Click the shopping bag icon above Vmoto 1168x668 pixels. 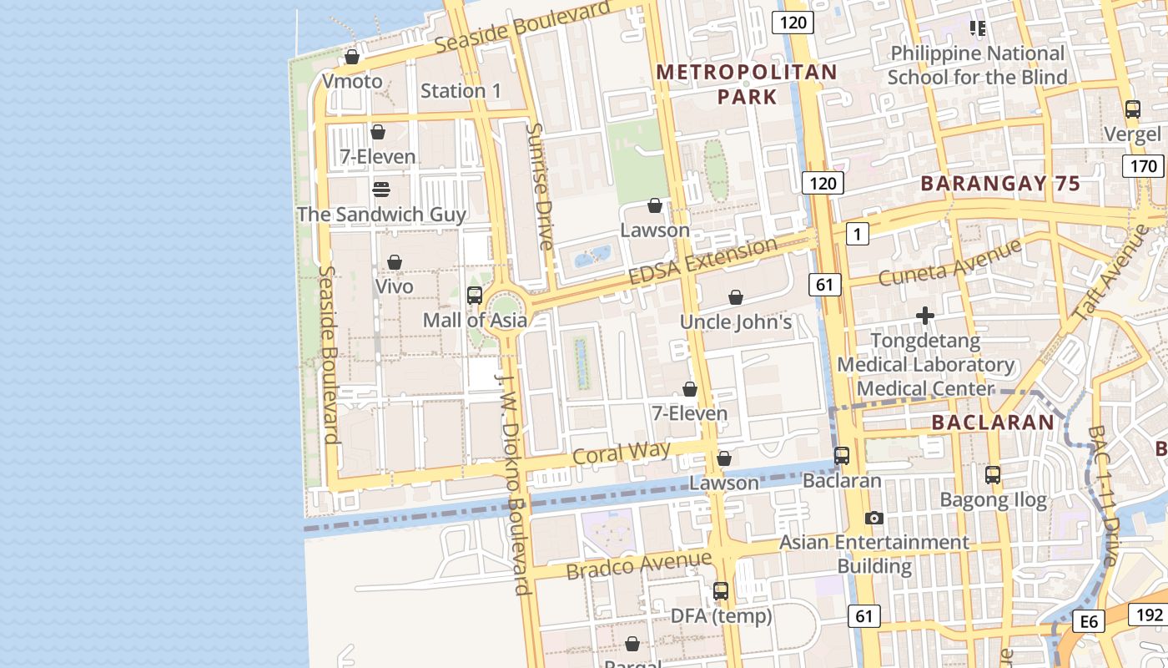click(x=352, y=57)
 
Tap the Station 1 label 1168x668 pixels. click(x=461, y=91)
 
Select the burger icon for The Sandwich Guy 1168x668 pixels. click(x=381, y=189)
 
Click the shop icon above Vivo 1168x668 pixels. click(x=395, y=262)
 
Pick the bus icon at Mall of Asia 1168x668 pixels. click(x=475, y=295)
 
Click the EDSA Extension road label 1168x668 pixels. click(x=702, y=261)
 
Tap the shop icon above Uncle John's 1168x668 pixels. click(x=736, y=297)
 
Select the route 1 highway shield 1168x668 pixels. click(x=857, y=234)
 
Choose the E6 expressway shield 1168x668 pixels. click(x=1090, y=621)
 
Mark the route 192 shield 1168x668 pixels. click(x=1149, y=615)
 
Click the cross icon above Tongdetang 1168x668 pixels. click(x=924, y=316)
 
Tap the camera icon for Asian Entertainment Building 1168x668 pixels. click(x=873, y=518)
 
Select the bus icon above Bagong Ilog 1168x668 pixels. click(x=992, y=475)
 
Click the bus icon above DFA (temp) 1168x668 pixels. click(x=721, y=591)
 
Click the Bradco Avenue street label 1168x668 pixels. click(x=638, y=565)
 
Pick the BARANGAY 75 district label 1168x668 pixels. click(x=1000, y=184)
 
